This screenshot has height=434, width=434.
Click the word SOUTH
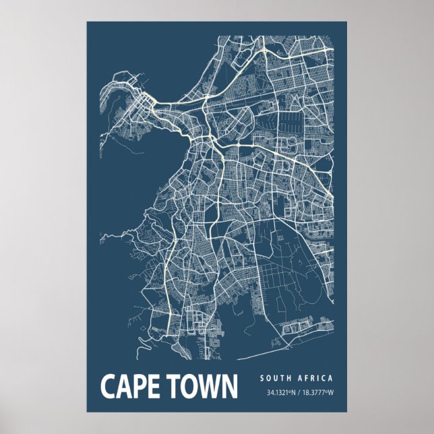tap(276, 378)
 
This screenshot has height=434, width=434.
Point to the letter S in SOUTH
tap(261, 378)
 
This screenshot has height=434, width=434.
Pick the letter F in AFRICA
tap(307, 378)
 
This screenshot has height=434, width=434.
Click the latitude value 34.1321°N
tap(280, 393)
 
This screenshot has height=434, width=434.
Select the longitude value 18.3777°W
tap(317, 393)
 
